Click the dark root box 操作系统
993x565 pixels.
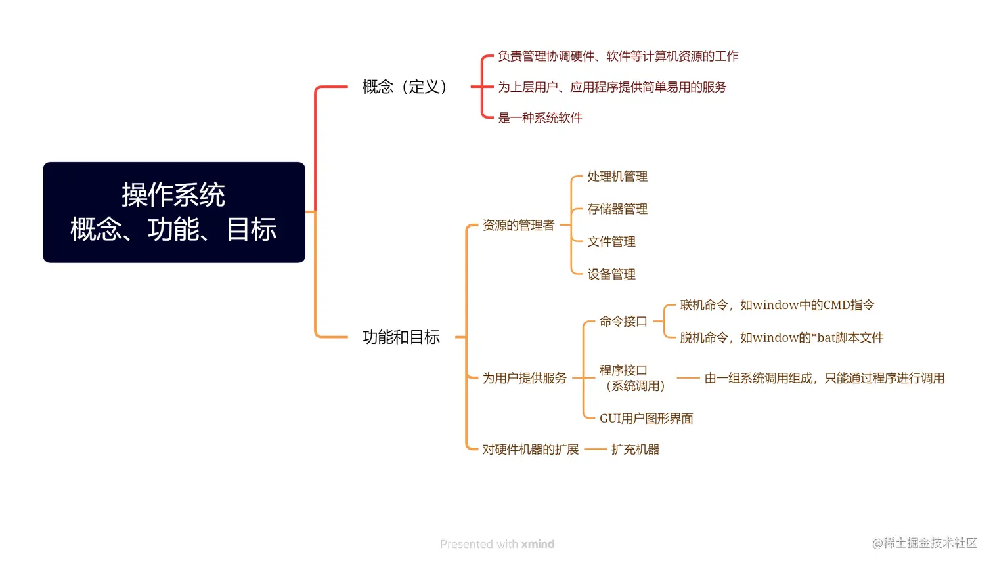(174, 212)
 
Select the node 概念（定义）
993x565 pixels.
(405, 87)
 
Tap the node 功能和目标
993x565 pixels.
(401, 337)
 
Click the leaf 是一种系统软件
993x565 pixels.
(540, 118)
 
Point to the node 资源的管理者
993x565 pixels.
(518, 226)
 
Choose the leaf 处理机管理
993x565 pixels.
(617, 177)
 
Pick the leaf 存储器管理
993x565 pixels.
(617, 209)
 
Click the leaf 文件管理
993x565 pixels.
(611, 242)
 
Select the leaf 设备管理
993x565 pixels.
(611, 274)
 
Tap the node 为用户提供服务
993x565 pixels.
(524, 379)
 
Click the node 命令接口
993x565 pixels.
(623, 322)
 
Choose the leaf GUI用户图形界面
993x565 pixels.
(646, 419)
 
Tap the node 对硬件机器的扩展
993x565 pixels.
(530, 450)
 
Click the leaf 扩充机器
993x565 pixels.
(634, 450)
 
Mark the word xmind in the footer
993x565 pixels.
(538, 544)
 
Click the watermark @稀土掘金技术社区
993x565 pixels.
(924, 543)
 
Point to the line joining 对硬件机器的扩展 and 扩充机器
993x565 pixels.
(595, 450)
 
